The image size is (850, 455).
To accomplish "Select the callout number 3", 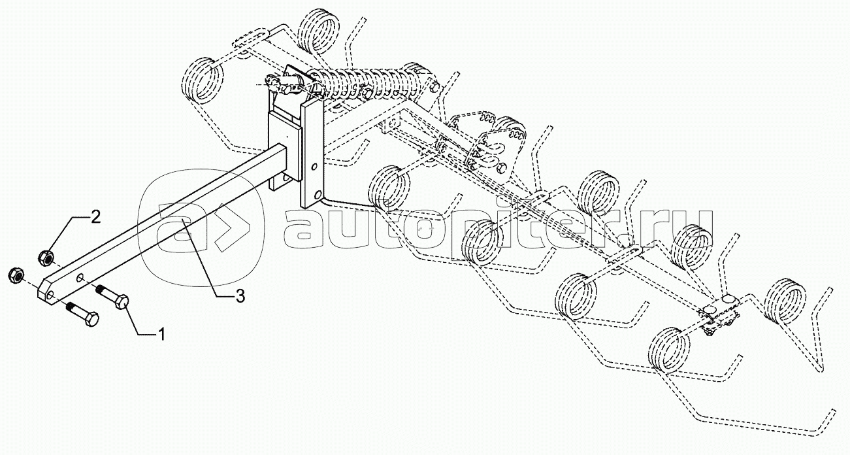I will point(239,296).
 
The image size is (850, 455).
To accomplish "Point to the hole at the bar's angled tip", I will point(48,292).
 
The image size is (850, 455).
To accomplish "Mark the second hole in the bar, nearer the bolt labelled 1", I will point(79,279).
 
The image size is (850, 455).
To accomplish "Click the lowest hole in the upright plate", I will point(318,195).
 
